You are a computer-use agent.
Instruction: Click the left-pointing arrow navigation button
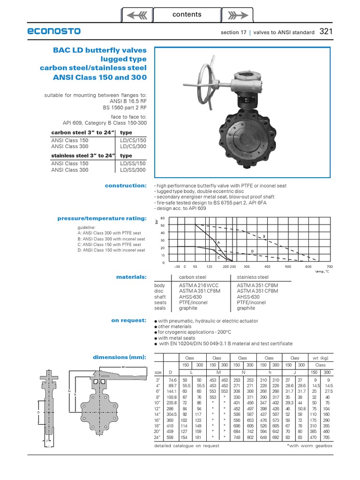(137, 15)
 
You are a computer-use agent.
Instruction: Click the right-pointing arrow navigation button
(237, 15)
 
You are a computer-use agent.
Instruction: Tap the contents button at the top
(187, 15)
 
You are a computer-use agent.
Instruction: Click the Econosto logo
(54, 31)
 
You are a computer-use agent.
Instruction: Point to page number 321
(326, 32)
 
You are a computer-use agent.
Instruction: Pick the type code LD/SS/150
(133, 164)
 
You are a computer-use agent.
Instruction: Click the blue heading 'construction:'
(126, 186)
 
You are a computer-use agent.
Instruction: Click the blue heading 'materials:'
(131, 277)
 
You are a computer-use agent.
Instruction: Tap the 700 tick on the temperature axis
(323, 266)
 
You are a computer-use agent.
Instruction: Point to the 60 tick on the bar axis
(163, 218)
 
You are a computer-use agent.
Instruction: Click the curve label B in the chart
(264, 236)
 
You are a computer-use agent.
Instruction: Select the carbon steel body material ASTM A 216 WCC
(199, 285)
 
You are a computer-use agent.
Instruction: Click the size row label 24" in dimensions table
(159, 437)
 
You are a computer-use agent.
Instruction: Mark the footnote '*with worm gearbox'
(309, 446)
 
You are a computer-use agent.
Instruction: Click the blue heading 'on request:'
(129, 320)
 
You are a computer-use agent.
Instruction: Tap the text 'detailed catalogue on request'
(187, 446)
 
